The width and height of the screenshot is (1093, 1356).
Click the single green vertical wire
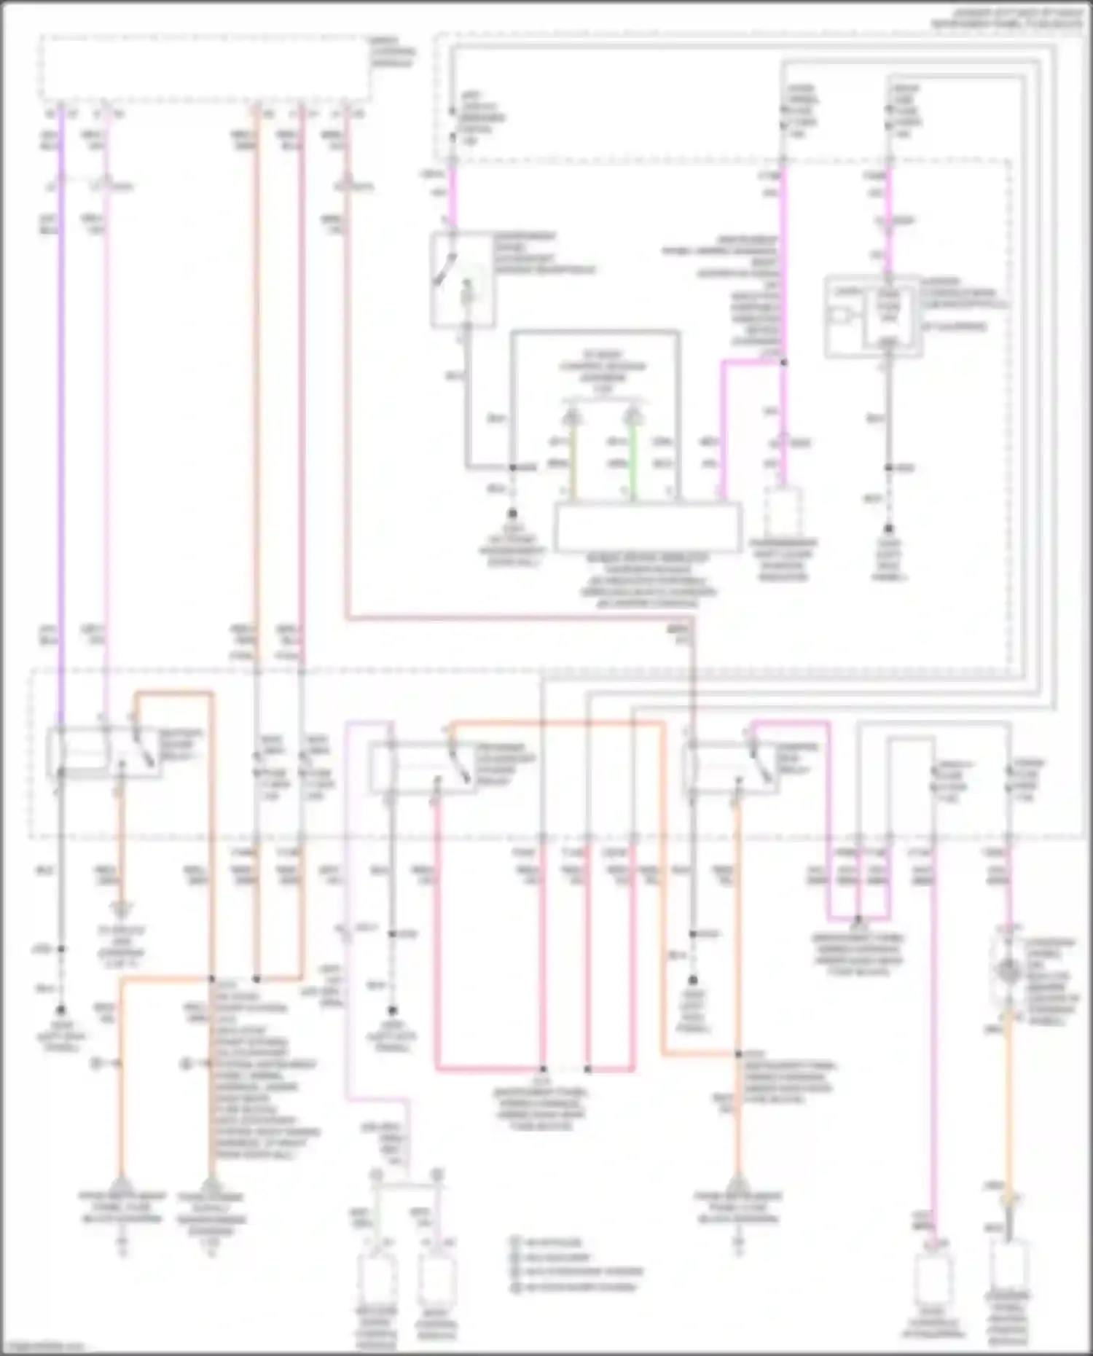tap(633, 463)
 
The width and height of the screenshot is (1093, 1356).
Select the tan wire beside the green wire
tap(573, 463)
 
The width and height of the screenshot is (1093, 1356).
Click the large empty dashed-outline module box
tap(204, 67)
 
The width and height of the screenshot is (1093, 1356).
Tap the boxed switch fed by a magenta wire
tap(462, 280)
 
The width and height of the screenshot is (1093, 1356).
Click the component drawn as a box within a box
tap(873, 316)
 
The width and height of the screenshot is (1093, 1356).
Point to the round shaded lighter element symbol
tap(1009, 971)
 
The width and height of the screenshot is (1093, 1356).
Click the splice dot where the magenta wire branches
tap(783, 361)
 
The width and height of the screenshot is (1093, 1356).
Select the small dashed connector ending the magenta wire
tap(783, 511)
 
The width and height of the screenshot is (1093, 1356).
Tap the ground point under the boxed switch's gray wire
tap(512, 514)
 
